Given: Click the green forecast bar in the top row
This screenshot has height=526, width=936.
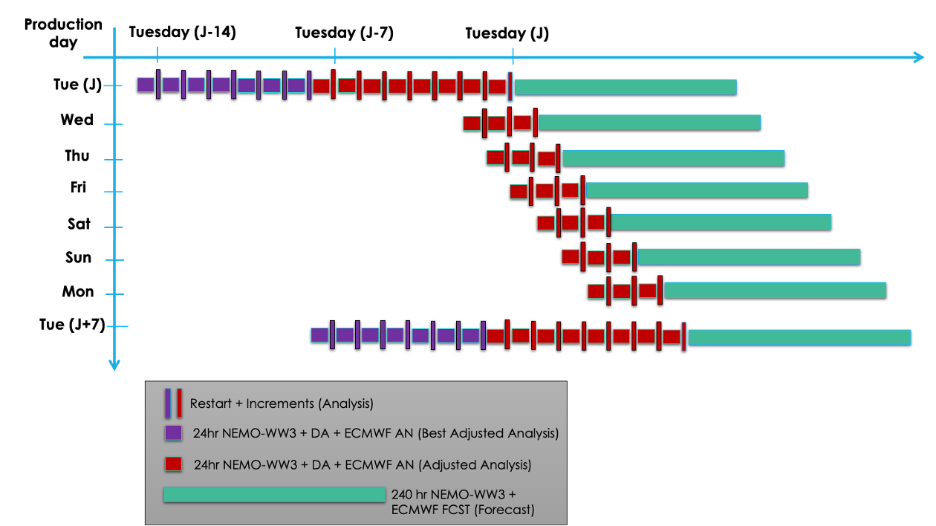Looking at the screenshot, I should coord(625,87).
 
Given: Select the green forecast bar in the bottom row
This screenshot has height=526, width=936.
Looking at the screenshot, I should coord(799,337).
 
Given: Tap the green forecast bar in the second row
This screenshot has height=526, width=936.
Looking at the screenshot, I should coord(649,123).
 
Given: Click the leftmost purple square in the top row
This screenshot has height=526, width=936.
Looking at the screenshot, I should coord(146,85).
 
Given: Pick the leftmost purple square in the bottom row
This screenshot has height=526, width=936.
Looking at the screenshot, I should coord(319,335).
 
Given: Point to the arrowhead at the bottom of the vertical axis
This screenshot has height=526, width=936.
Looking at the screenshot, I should coord(114,364).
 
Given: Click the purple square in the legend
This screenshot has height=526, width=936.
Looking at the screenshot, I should coord(173,433).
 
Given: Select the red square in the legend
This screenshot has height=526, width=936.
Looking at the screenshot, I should coord(173,464).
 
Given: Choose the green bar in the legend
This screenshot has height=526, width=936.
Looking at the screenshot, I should coord(274,495).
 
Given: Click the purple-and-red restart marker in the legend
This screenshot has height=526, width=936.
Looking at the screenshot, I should coord(174,403).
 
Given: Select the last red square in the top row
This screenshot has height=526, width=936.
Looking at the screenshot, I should coord(497,86).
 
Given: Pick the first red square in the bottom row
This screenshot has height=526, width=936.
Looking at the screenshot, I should coord(495,336).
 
